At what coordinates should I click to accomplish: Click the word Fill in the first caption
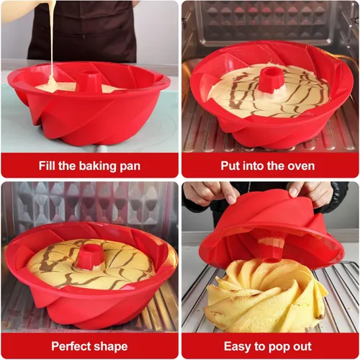[x=47, y=166]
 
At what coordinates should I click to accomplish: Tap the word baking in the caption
[x=98, y=166]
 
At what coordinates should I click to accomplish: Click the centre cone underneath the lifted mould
[x=272, y=247]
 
